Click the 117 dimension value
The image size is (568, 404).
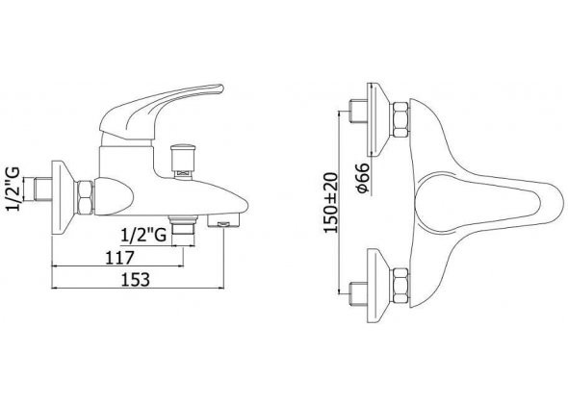pos(119,258)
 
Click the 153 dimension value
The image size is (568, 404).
pos(135,280)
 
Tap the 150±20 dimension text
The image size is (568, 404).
pos(331,203)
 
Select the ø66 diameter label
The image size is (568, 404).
pos(363,178)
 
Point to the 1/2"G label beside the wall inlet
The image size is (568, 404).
pos(13,189)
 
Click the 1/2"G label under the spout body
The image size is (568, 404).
pos(143,236)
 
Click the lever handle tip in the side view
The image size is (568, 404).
pos(219,88)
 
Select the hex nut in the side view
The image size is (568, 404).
pos(85,197)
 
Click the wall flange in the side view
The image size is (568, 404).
pos(63,197)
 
